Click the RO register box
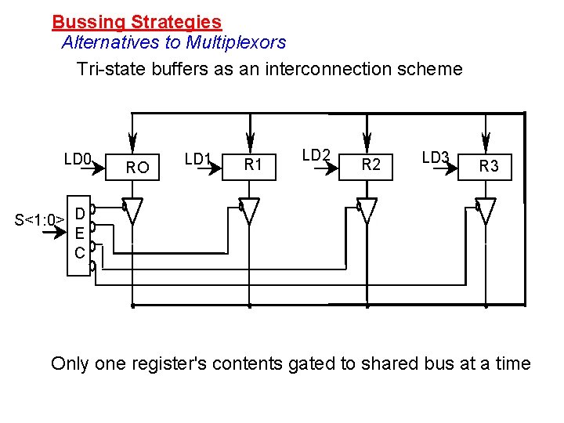[136, 166]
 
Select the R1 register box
[252, 164]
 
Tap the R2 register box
[371, 164]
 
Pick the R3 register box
[488, 165]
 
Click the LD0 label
[78, 159]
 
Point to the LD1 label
[197, 159]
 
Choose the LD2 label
[316, 155]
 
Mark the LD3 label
[436, 157]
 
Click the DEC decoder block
[79, 233]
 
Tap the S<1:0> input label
[39, 219]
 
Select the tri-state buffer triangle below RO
[135, 211]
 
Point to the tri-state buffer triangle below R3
[486, 211]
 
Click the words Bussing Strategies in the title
[136, 23]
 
